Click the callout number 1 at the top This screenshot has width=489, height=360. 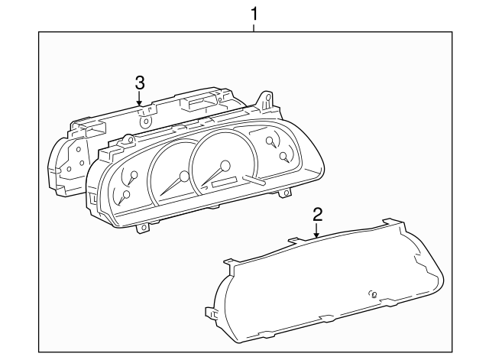pos(254,13)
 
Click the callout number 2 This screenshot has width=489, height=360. pos(317,213)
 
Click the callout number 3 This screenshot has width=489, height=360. pos(139,82)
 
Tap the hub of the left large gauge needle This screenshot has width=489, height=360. pos(184,177)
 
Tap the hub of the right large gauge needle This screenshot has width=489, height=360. pos(225,166)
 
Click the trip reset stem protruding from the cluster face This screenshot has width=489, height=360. pos(254,182)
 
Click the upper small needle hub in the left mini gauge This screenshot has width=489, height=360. pos(134,177)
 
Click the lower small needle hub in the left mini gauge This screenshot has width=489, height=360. pos(126,195)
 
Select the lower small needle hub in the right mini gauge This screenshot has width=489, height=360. pos(284,157)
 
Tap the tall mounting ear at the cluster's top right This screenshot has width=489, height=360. pos(267,100)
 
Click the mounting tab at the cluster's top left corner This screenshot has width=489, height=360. pos(128,139)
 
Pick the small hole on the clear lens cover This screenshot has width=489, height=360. pos(374,294)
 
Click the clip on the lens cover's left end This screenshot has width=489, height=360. pos(211,312)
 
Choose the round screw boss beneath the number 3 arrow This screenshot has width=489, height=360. pos(145,119)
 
